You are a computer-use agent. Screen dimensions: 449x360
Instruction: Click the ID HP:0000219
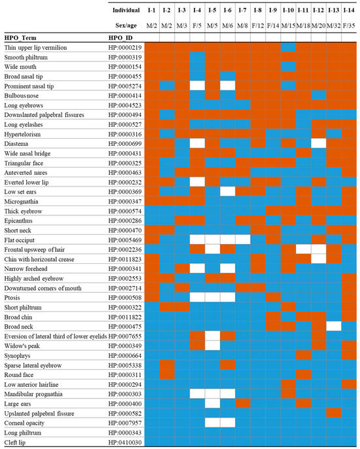click(x=125, y=48)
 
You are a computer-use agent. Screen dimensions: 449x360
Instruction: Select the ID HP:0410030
click(x=125, y=442)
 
